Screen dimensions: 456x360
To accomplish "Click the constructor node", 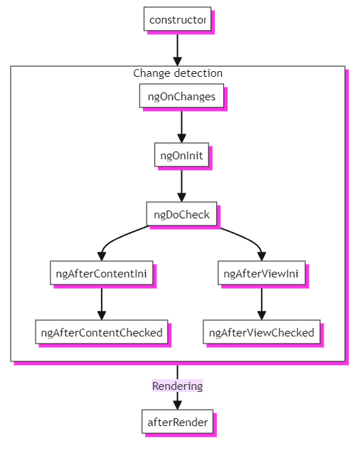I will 177,19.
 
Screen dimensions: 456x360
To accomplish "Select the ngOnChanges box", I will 182,96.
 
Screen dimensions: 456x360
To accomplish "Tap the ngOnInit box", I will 182,154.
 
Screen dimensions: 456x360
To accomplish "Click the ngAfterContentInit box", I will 102,273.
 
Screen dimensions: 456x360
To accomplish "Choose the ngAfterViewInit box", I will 261,273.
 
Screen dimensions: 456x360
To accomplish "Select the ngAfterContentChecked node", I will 102,332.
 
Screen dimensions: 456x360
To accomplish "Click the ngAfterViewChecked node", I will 261,332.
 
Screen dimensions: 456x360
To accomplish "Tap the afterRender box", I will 177,422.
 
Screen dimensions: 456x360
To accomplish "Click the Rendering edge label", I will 177,386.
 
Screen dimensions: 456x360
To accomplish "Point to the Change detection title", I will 178,73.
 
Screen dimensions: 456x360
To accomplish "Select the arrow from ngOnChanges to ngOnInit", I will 182,125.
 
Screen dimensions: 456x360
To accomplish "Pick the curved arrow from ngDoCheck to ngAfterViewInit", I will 246,239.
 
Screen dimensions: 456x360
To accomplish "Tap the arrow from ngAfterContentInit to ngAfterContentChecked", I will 102,302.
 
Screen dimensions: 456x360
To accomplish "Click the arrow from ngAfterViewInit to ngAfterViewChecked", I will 261,302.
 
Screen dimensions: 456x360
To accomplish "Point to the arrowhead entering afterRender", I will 177,405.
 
